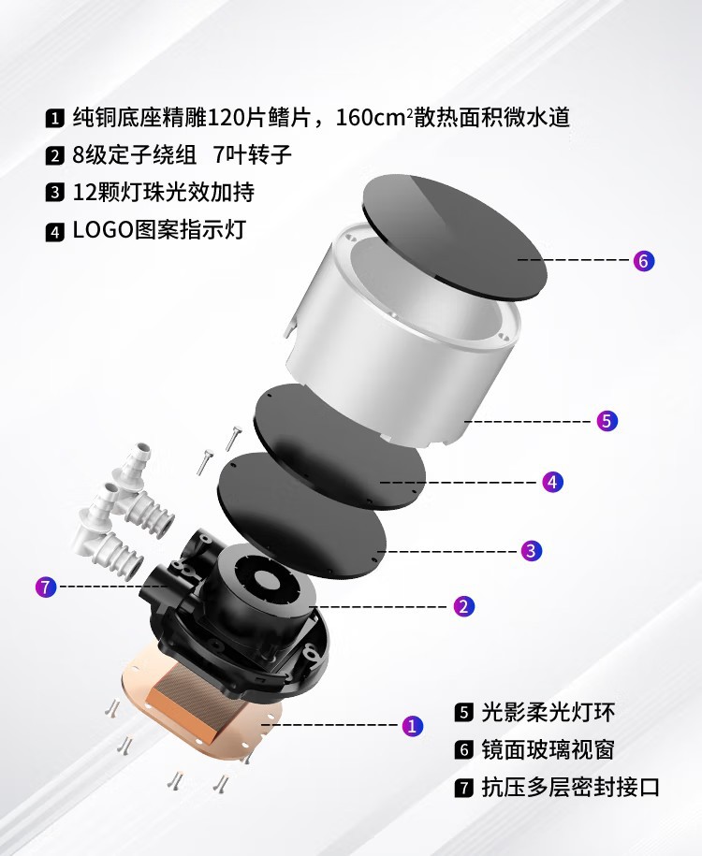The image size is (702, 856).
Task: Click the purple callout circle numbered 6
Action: tap(643, 261)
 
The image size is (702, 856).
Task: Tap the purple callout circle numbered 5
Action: tap(607, 421)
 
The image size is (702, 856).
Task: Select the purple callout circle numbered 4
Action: tap(553, 483)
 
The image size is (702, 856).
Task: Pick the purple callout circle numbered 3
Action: tap(531, 550)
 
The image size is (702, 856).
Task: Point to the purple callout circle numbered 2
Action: tap(463, 606)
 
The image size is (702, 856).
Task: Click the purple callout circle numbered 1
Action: tap(413, 725)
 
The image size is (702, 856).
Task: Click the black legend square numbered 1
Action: tap(54, 119)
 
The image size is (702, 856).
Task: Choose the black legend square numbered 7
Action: tap(463, 788)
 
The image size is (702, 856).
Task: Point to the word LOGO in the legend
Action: tap(104, 230)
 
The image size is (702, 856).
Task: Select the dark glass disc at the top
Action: tap(454, 234)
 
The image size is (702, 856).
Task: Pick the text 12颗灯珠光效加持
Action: tap(163, 193)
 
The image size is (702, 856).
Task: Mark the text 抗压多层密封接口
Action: tap(570, 788)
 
